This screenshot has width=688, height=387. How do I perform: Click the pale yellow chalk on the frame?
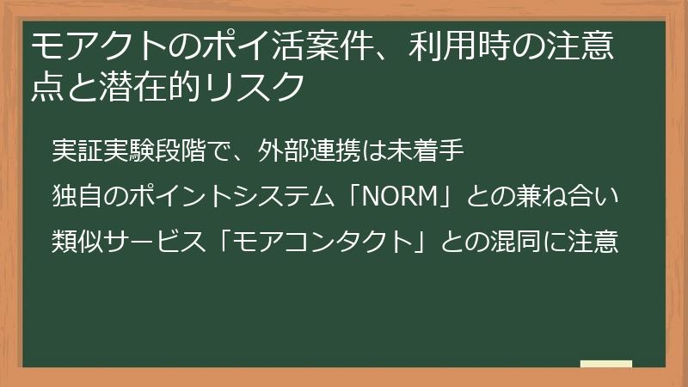tap(606, 364)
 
